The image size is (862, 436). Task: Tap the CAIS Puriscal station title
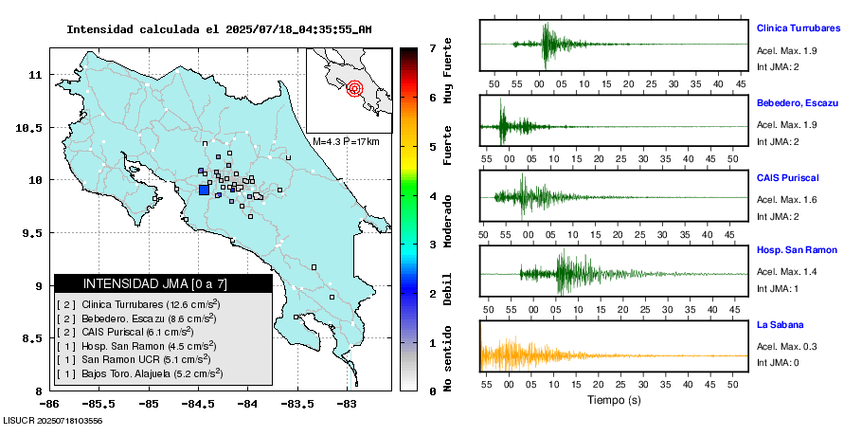tap(787, 177)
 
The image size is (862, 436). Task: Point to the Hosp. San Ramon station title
tap(797, 250)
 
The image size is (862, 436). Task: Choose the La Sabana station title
tap(780, 325)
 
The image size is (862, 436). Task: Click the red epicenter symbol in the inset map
tap(354, 89)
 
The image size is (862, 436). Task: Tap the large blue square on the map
tap(204, 190)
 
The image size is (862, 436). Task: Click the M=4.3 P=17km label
tap(346, 141)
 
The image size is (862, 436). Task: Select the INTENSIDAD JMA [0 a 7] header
tap(163, 283)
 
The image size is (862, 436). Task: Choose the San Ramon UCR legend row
tap(133, 359)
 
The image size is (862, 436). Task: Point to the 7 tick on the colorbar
tap(432, 47)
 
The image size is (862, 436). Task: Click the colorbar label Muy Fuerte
tap(448, 74)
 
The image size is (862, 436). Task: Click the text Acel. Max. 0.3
tap(786, 347)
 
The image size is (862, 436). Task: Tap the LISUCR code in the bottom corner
tap(53, 420)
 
